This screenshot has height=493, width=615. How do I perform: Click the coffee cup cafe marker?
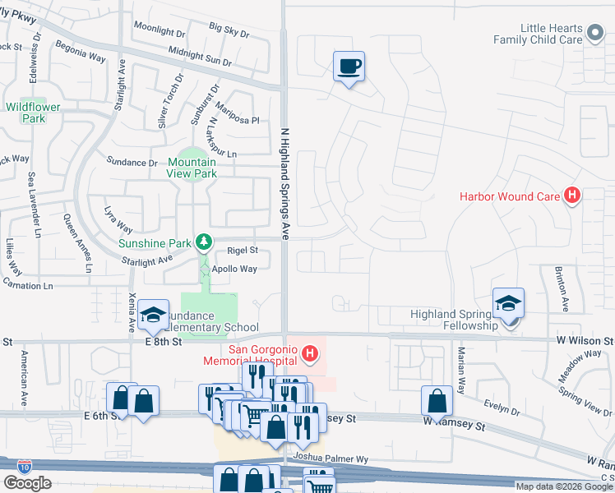tap(349, 66)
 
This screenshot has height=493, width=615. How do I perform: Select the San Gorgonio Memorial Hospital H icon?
tap(310, 355)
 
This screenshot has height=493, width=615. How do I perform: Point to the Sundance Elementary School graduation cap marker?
tap(153, 314)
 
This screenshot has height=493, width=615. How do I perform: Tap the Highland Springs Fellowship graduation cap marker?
tap(508, 303)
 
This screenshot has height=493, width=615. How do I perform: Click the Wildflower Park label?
tap(25, 112)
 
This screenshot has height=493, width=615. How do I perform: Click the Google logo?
tap(28, 482)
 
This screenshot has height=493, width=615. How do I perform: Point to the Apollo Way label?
tap(235, 269)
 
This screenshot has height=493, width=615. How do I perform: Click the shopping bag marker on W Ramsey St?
tap(437, 401)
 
